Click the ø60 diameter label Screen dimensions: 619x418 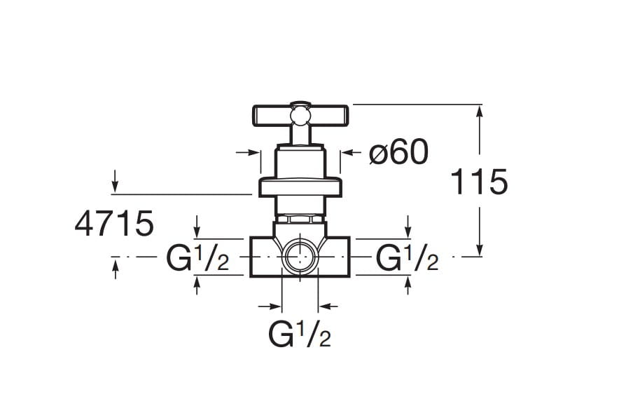click(398, 152)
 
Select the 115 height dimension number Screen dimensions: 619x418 click(479, 182)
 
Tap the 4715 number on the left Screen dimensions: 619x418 click(114, 224)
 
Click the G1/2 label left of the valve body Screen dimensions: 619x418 click(197, 258)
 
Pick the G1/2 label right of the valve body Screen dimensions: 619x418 click(407, 258)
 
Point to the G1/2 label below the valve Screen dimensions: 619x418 click(300, 334)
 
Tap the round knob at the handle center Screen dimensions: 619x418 click(300, 115)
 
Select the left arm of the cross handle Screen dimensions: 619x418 click(272, 115)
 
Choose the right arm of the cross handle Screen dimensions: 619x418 click(328, 115)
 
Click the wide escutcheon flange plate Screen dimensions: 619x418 click(300, 187)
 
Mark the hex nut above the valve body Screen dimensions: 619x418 click(300, 219)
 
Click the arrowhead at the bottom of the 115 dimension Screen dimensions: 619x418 click(480, 250)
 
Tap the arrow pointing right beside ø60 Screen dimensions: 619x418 click(247, 152)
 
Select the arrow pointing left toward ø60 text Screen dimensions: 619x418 click(352, 152)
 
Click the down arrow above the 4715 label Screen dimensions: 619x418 click(115, 181)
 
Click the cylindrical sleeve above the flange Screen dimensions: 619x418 click(300, 162)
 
